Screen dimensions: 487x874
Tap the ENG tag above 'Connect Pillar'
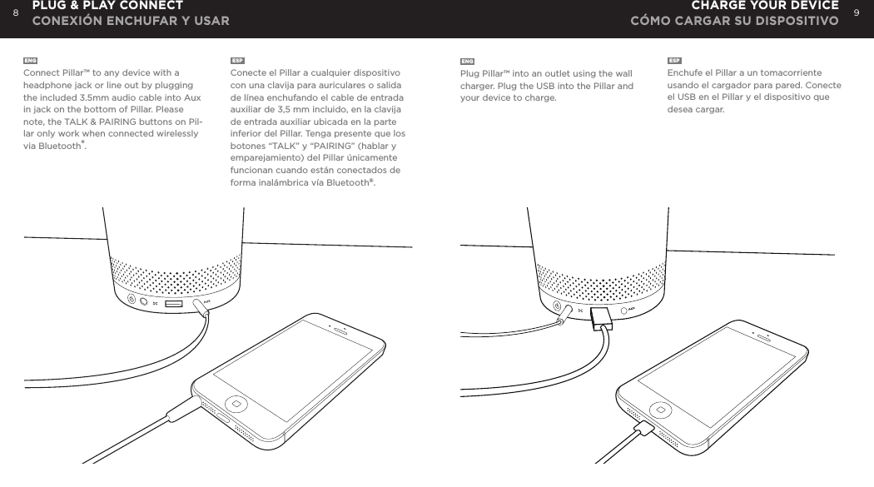[x=30, y=62]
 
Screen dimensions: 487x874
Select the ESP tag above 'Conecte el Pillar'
[x=237, y=62]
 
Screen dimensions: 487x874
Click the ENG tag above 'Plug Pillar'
[x=468, y=62]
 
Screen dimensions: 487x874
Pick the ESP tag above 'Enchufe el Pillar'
[x=675, y=62]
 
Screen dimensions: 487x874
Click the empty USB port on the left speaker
[x=174, y=304]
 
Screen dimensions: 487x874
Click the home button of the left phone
[x=237, y=403]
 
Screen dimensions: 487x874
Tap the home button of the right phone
[x=659, y=410]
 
